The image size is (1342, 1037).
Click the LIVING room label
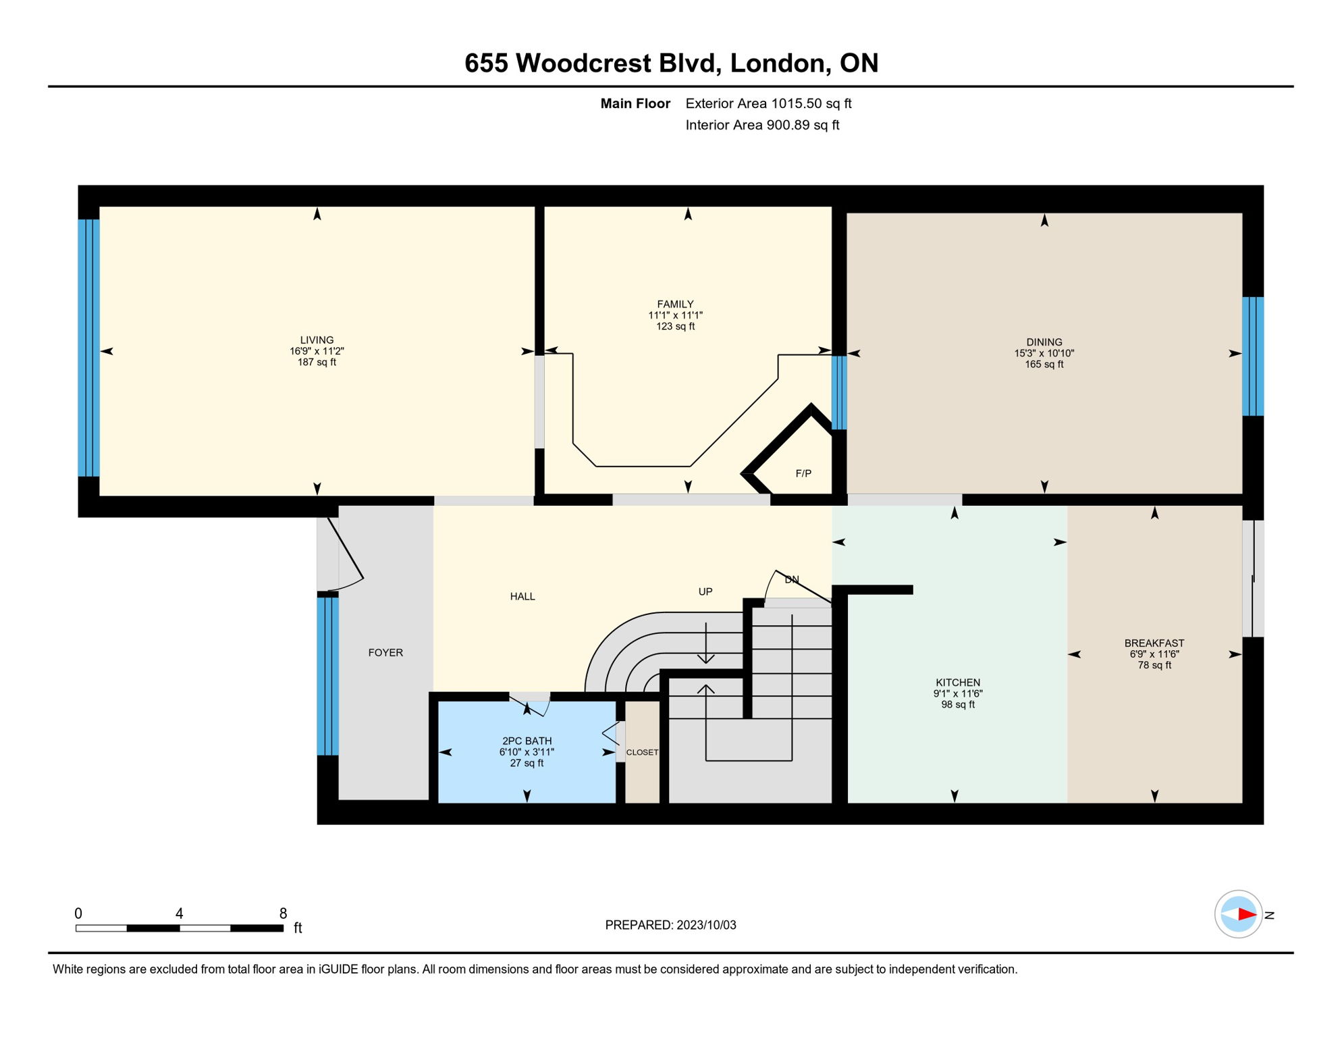tap(317, 340)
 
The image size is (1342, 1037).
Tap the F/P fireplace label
tap(803, 474)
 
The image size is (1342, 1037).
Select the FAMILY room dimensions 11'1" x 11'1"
tap(675, 315)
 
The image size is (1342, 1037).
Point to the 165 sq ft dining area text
tap(1044, 365)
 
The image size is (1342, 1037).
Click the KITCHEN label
tap(957, 683)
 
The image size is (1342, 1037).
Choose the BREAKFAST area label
tap(1154, 643)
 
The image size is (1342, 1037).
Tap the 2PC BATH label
tap(527, 741)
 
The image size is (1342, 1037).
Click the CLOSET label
tap(642, 752)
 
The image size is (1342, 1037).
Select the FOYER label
tap(385, 653)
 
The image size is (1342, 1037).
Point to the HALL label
tap(522, 597)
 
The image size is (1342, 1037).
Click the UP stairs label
tap(705, 592)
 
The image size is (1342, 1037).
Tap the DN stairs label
tap(792, 580)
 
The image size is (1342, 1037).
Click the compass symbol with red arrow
tap(1238, 915)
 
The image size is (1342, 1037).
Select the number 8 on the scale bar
tap(283, 913)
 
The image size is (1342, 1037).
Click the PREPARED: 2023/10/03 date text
tap(670, 926)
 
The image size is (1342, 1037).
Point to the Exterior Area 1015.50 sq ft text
tap(768, 103)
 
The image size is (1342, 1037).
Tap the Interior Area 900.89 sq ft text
tap(762, 125)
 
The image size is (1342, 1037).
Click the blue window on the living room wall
tap(88, 348)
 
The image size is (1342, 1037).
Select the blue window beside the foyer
tap(328, 676)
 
